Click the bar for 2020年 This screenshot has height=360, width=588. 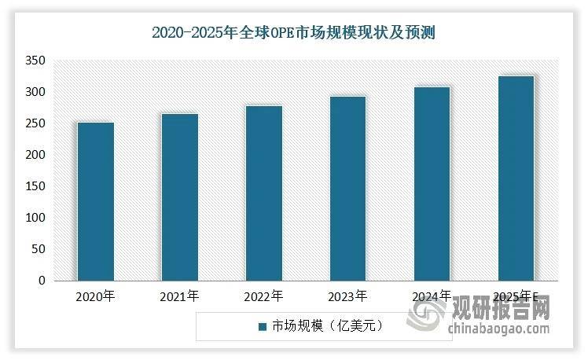(96, 201)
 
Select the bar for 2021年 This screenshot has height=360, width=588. (180, 197)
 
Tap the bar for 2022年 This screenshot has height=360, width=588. (264, 193)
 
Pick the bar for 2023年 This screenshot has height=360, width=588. (348, 189)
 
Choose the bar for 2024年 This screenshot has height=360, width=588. (432, 184)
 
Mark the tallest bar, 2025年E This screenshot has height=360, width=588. (516, 178)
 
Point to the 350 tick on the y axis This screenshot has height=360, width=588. (35, 61)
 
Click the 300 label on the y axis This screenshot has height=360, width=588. (35, 92)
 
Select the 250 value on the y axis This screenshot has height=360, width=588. (35, 123)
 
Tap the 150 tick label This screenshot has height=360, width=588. (35, 186)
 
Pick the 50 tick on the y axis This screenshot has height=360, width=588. (39, 249)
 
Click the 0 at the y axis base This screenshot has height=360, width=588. (42, 281)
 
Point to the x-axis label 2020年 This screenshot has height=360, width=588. (95, 296)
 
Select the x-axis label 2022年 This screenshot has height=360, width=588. (263, 296)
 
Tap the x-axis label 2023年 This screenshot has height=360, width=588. (347, 296)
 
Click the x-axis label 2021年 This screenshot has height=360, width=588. (179, 296)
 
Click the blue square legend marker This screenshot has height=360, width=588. (263, 327)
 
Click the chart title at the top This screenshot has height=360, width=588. (294, 33)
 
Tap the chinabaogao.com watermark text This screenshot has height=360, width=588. (498, 329)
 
